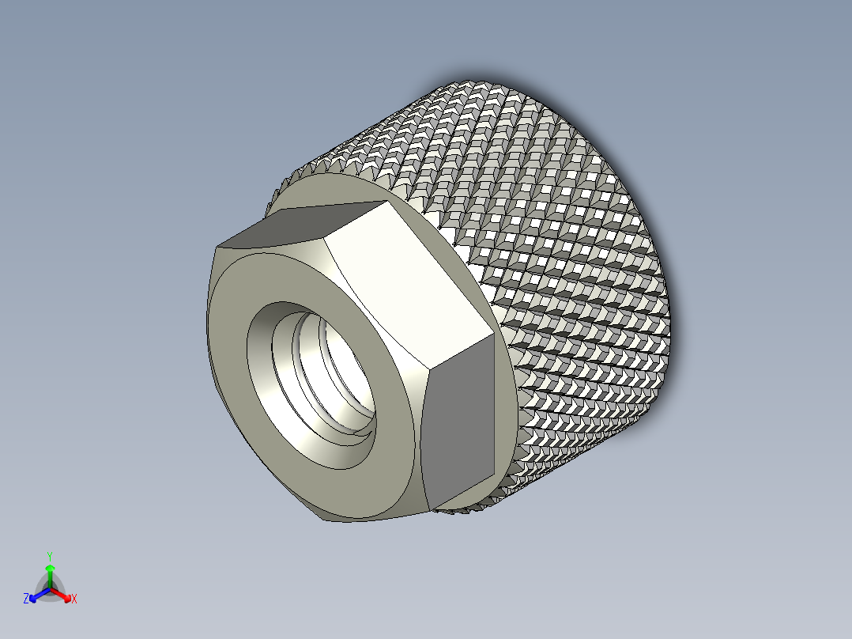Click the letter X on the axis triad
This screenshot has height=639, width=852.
click(74, 599)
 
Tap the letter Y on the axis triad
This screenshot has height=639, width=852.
click(49, 556)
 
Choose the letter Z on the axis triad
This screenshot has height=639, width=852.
click(26, 599)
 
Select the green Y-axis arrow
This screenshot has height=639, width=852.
click(49, 571)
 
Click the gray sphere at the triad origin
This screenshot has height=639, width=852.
click(50, 590)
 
